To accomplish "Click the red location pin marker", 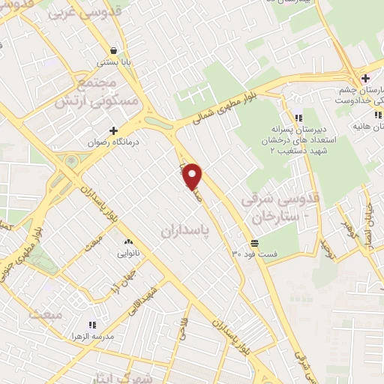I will point(193,175).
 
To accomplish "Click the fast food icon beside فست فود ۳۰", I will point(254,243).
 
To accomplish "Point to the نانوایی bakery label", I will point(127,253).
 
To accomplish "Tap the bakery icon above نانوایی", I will point(127,242).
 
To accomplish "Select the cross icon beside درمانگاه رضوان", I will point(113,130).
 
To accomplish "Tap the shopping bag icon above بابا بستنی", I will point(112,52).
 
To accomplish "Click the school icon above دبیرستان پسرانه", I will point(298,117).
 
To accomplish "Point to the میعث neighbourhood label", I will point(44,313).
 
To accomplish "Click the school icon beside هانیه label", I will point(377,115).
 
